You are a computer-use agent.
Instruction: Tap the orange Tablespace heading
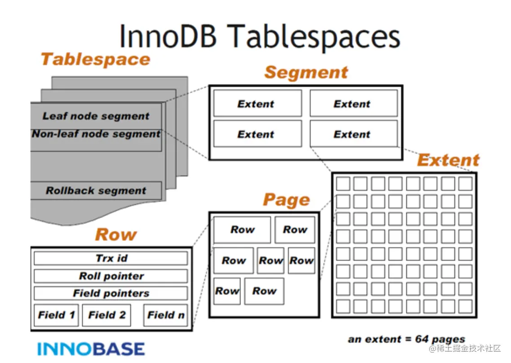pos(96,59)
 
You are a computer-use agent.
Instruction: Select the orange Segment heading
pos(306,72)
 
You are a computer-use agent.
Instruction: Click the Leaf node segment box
pos(96,116)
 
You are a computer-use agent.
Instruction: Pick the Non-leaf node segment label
pos(96,134)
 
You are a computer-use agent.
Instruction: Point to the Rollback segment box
pos(96,190)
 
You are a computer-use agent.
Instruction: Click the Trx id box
pos(111,258)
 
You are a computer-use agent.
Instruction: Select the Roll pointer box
pos(111,276)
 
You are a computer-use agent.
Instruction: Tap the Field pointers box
pos(111,293)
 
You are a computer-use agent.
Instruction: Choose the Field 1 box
pos(56,315)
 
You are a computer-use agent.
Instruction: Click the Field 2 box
pos(107,315)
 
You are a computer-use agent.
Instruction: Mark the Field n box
pos(166,315)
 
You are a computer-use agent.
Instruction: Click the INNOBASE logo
pos(91,349)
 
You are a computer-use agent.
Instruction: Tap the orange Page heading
pos(286,200)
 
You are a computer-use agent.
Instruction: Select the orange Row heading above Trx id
pos(116,235)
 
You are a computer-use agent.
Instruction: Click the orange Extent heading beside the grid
pos(448,160)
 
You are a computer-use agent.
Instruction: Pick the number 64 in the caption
pos(422,339)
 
